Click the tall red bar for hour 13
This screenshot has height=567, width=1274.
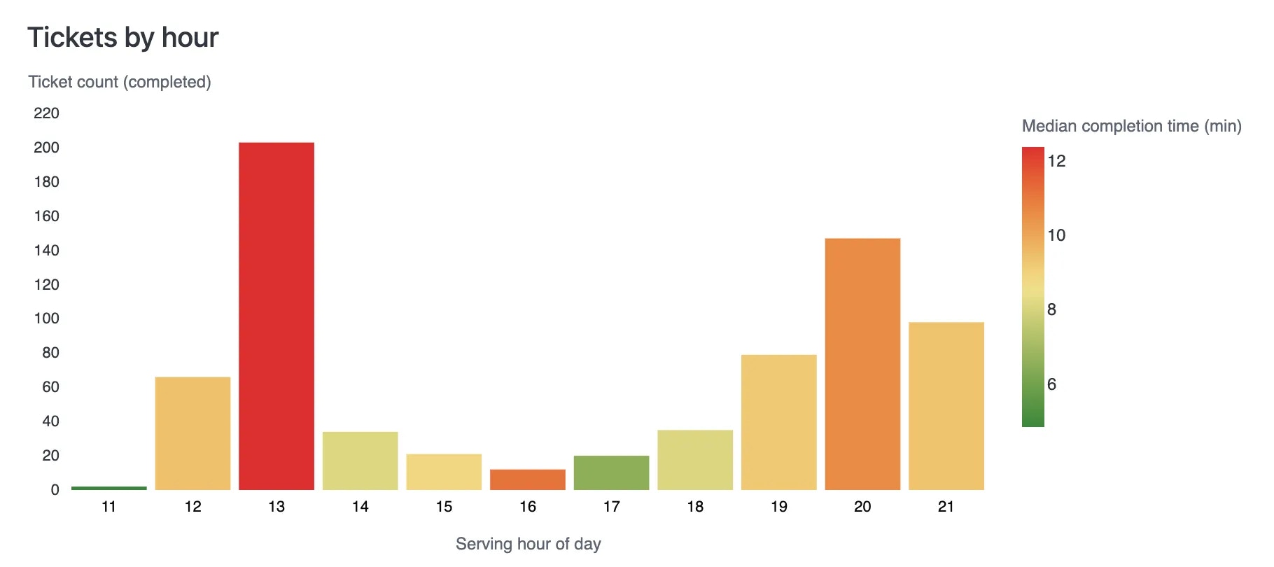coord(276,316)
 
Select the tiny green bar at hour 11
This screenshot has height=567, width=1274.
coord(109,488)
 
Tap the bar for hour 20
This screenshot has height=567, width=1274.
coord(862,364)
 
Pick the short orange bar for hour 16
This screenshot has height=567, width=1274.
coord(528,479)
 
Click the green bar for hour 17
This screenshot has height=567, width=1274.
coord(611,472)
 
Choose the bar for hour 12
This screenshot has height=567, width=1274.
coord(192,433)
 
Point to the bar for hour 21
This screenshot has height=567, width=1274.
coord(946,406)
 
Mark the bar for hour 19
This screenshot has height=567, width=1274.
coord(779,422)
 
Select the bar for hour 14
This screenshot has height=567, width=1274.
coord(360,461)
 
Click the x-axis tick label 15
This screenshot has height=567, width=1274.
coord(444,507)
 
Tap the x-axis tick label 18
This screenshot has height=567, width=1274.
coord(695,507)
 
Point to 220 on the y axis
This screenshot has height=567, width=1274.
coord(46,113)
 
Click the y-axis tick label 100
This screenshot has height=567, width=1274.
coord(46,318)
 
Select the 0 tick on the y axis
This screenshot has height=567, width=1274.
coord(55,490)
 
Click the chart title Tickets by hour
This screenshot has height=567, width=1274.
coord(123,38)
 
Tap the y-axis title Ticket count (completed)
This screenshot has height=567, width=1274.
coord(120,82)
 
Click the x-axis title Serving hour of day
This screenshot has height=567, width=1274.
coord(528,544)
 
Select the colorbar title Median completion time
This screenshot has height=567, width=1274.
coord(1131,126)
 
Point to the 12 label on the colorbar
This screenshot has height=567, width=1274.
coord(1056,161)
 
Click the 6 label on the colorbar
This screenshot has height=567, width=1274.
coord(1051,384)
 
